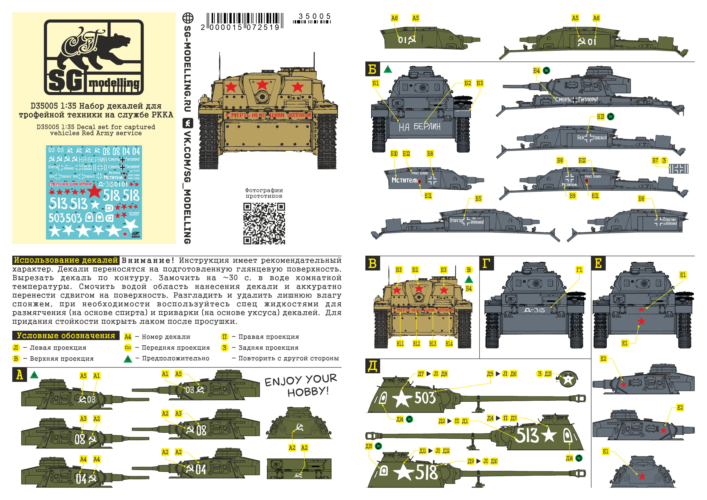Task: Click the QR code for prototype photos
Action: click(264, 223)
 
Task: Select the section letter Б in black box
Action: click(372, 69)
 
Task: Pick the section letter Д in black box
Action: click(372, 366)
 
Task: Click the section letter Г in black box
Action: click(486, 263)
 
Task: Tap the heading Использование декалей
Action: click(66, 260)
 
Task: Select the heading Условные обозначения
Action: click(66, 336)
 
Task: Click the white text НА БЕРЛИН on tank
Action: click(419, 127)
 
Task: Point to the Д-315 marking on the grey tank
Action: click(534, 310)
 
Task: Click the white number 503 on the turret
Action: click(425, 398)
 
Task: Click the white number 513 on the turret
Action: click(527, 435)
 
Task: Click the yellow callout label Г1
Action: click(579, 270)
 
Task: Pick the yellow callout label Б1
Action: click(375, 83)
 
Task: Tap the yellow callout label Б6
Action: click(641, 199)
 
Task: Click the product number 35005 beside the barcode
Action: click(314, 16)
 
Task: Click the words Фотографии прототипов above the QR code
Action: click(264, 193)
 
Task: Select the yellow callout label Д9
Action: click(470, 461)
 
